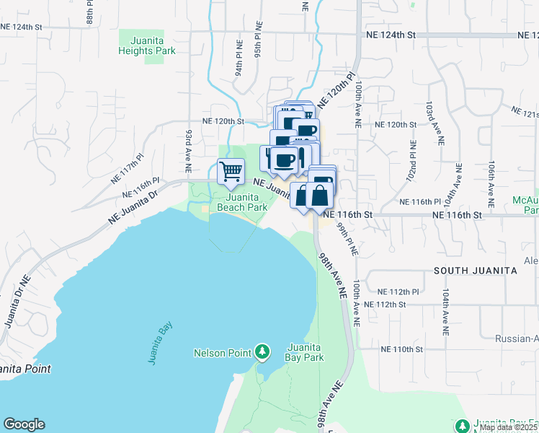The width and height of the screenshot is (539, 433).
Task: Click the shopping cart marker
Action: click(x=231, y=172)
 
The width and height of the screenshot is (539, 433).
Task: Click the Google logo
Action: click(x=24, y=424)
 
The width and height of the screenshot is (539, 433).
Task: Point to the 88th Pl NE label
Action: click(x=91, y=12)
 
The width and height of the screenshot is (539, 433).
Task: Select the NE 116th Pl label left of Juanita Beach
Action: click(x=141, y=189)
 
